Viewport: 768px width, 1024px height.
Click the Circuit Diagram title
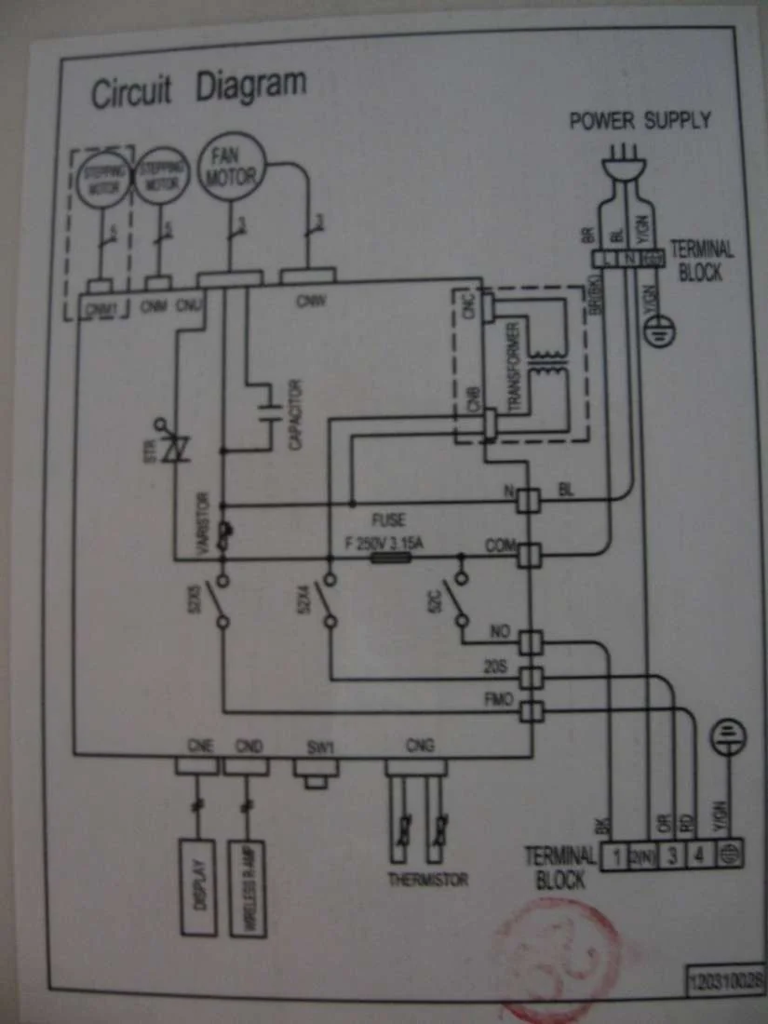(x=197, y=88)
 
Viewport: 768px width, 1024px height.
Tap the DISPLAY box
(x=198, y=887)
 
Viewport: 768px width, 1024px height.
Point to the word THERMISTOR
(x=427, y=880)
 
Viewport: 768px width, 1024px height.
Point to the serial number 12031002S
(x=725, y=979)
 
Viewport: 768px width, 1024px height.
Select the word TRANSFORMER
(x=515, y=365)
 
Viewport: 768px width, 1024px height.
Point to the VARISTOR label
(x=204, y=524)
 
